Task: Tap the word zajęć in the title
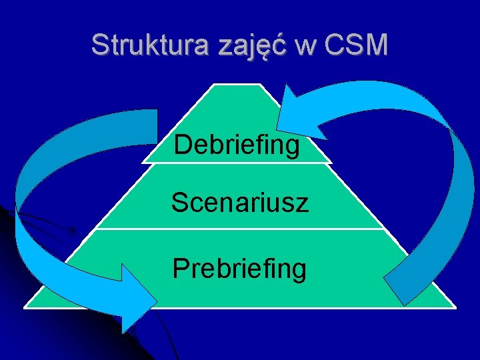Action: pos(243,45)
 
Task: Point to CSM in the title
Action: pos(355,45)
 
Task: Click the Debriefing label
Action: pos(237,145)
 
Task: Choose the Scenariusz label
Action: pos(239,202)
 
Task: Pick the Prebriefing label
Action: pos(239,268)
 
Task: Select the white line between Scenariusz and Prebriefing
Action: pos(239,229)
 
